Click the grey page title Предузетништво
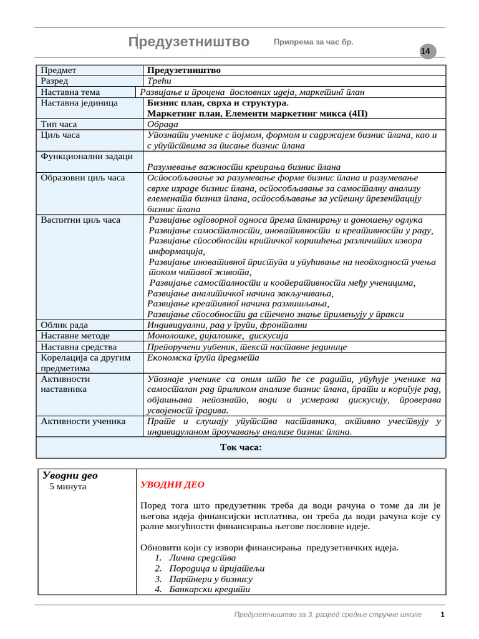click(188, 42)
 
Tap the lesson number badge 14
click(425, 52)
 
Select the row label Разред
click(55, 81)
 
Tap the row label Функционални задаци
click(87, 156)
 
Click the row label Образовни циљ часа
click(82, 178)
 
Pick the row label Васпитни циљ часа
click(80, 220)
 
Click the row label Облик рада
click(64, 325)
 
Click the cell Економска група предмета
click(203, 358)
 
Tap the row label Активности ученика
click(83, 421)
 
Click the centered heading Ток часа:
click(241, 447)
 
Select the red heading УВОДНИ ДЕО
click(172, 484)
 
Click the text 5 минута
click(68, 487)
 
